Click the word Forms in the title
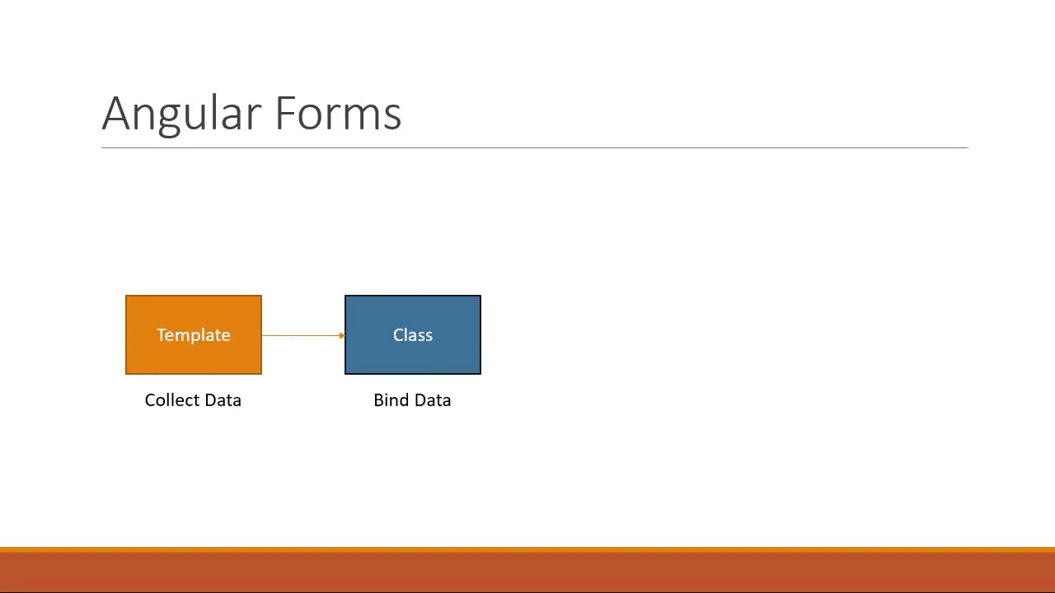coord(338,114)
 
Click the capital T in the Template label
coord(162,334)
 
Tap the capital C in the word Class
coord(398,334)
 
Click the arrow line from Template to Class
coord(300,335)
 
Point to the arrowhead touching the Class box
coord(342,335)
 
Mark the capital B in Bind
coord(378,400)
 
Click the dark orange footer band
coord(527,572)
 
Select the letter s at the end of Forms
coord(393,117)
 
